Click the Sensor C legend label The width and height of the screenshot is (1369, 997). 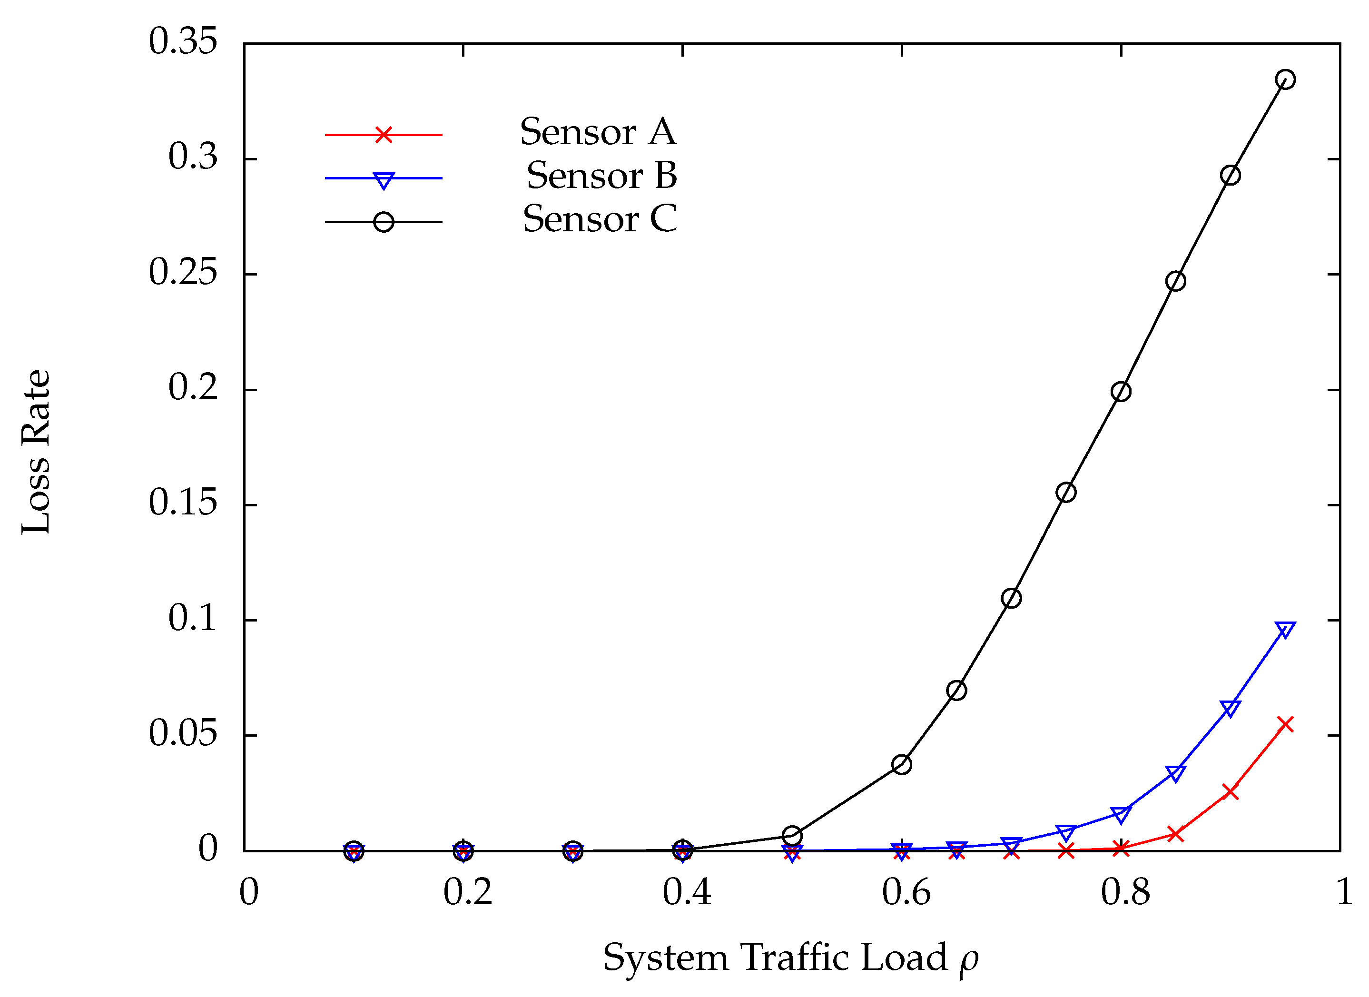pyautogui.click(x=600, y=219)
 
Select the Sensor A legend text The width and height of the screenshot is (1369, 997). pyautogui.click(x=598, y=132)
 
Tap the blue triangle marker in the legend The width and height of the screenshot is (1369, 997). pyautogui.click(x=384, y=180)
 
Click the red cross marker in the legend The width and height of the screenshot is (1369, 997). pyautogui.click(x=384, y=134)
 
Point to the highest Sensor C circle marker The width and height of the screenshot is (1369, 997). pyautogui.click(x=1286, y=79)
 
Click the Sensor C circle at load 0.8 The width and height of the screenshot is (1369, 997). pyautogui.click(x=1121, y=392)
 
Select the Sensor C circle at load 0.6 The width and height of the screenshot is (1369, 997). pyautogui.click(x=901, y=765)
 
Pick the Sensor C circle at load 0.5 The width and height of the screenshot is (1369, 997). pyautogui.click(x=792, y=836)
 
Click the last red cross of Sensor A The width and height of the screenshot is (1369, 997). pyautogui.click(x=1286, y=724)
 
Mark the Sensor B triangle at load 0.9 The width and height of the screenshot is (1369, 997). pyautogui.click(x=1230, y=708)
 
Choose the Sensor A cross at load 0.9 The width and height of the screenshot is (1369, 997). pyautogui.click(x=1230, y=792)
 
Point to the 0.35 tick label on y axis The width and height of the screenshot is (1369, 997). pyautogui.click(x=182, y=42)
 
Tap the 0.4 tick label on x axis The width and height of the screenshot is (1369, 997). pyautogui.click(x=687, y=893)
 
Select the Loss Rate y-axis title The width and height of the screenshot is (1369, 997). pyautogui.click(x=36, y=452)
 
